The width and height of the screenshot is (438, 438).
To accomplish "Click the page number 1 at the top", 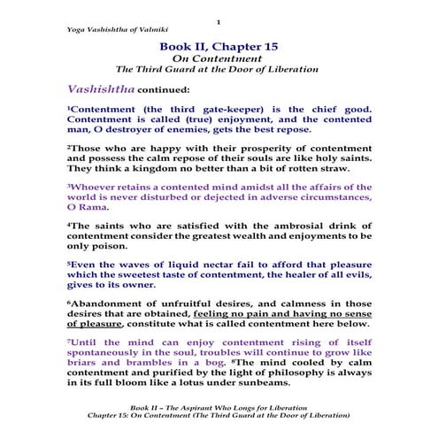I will [219, 19].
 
